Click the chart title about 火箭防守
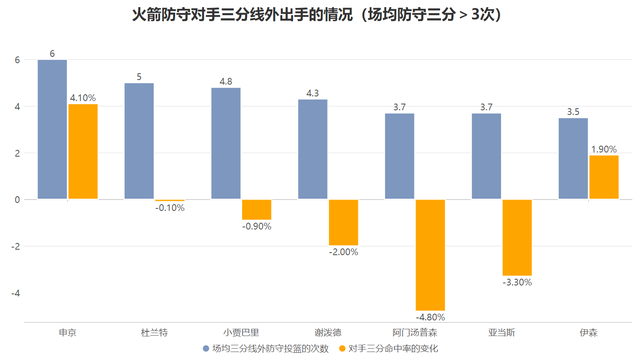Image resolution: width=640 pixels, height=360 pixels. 319,17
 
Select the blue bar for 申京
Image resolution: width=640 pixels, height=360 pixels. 53,130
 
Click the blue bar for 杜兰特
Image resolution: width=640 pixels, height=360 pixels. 139,141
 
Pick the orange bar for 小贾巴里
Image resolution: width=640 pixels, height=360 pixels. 256,209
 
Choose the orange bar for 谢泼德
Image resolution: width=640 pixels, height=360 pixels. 343,222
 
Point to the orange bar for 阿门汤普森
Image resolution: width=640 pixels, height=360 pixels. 430,255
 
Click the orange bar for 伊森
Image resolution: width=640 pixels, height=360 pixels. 603,177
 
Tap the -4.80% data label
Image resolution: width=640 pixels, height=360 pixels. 430,318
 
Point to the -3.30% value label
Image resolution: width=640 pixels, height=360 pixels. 517,283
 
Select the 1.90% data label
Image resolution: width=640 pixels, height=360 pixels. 603,148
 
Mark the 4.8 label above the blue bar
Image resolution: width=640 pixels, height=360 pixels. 226,81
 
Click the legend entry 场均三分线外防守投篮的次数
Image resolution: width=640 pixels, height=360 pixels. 271,348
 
